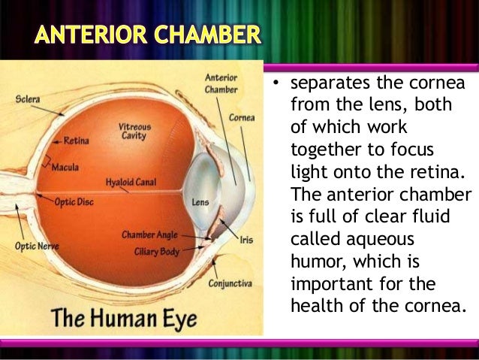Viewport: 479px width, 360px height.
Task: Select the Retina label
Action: pyautogui.click(x=76, y=140)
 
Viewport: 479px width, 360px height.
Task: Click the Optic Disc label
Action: pyautogui.click(x=74, y=201)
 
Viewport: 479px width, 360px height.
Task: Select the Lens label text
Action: pyautogui.click(x=200, y=202)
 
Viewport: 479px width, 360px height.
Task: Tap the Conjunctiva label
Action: pyautogui.click(x=230, y=283)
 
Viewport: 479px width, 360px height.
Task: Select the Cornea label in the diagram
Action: pyautogui.click(x=242, y=118)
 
